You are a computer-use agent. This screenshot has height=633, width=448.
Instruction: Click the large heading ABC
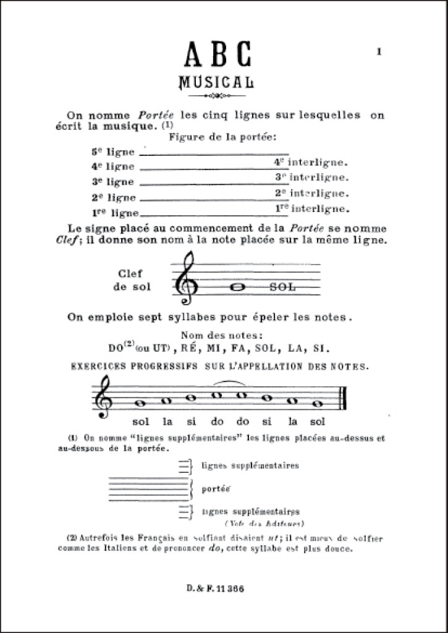coord(218,55)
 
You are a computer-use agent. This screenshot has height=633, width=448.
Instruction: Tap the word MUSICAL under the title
coord(216,82)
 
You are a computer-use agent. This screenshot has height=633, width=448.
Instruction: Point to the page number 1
coord(379,53)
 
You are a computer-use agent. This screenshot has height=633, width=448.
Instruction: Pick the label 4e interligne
coord(311,163)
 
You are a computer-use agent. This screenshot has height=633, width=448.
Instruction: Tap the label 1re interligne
coord(311,208)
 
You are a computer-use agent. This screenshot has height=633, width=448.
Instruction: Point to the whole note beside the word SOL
coord(235,286)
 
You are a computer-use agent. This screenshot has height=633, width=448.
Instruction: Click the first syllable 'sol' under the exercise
coord(142,423)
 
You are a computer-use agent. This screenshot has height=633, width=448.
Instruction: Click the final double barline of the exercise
coord(344,397)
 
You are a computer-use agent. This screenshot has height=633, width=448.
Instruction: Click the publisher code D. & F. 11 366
coord(216,588)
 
